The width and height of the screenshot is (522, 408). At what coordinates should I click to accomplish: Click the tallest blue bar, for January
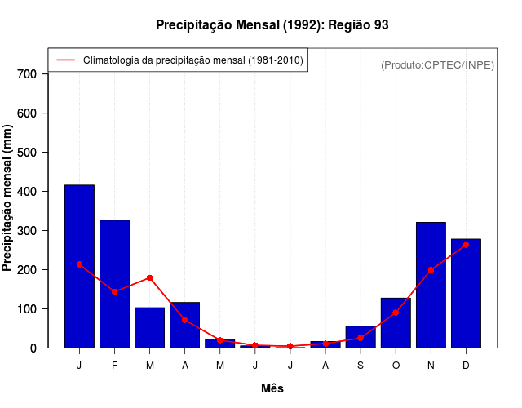79,266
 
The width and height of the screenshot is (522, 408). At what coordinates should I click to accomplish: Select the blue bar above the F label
114,283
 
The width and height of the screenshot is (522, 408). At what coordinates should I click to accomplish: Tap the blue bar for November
431,285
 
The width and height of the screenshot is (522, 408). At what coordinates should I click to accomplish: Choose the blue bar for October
396,323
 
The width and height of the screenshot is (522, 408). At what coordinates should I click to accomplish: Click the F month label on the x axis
114,366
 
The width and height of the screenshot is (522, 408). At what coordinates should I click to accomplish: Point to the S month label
361,366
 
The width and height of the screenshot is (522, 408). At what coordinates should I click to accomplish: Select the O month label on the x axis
396,366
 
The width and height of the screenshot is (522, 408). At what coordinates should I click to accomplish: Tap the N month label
431,366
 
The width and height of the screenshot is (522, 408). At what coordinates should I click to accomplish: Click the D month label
466,366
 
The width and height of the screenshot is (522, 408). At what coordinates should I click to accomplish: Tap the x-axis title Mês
272,388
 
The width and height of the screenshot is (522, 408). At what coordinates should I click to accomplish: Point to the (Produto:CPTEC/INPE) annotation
437,64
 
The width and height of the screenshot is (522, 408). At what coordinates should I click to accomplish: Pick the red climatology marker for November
431,269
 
